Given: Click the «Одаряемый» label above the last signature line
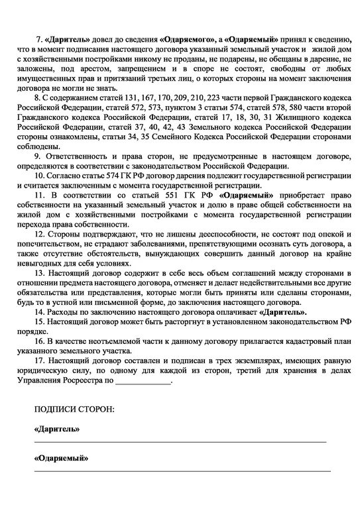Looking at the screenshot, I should [61, 459].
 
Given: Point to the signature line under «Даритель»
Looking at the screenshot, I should [179, 441].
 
